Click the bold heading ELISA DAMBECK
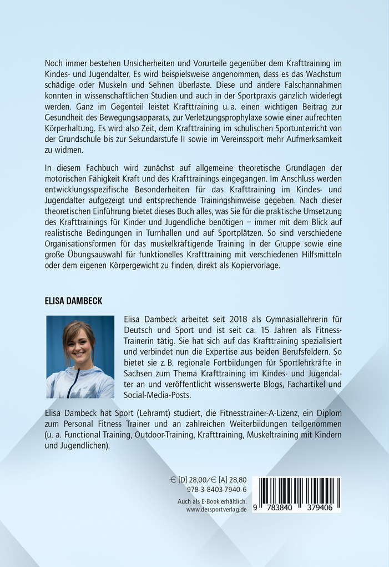click(x=73, y=301)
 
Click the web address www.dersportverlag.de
click(x=216, y=509)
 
